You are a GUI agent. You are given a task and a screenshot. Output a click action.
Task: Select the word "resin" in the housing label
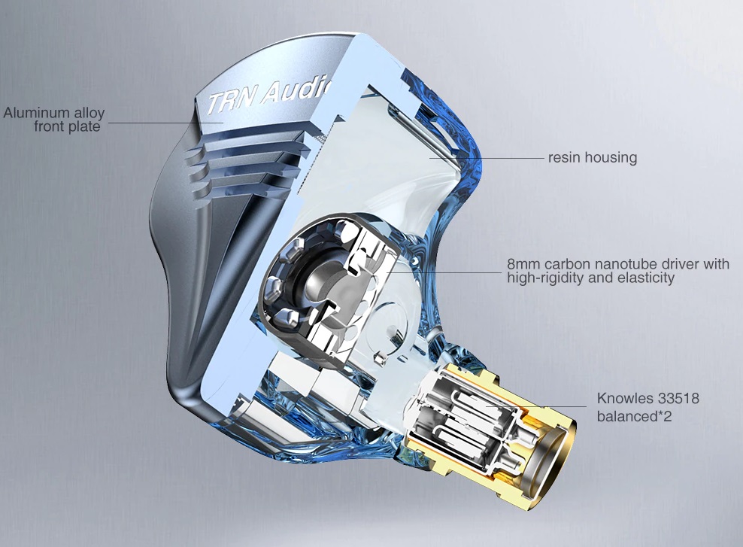click(x=564, y=157)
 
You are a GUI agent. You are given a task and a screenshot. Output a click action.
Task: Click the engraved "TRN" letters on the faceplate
click(x=232, y=102)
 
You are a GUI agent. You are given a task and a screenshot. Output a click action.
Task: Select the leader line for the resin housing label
click(x=487, y=157)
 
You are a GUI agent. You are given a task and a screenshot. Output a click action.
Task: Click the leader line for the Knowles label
click(x=537, y=406)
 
